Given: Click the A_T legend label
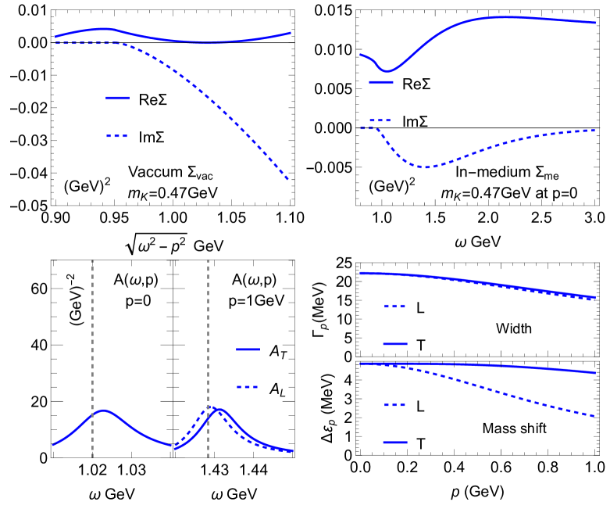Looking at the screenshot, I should [275, 353].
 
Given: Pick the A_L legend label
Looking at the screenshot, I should [275, 387].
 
